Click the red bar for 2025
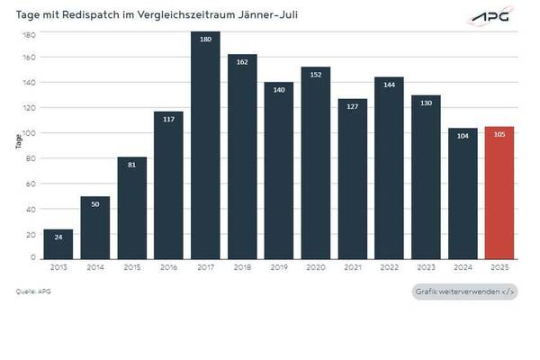click(499, 193)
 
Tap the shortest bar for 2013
click(58, 244)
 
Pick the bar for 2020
click(316, 163)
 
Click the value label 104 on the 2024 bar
click(463, 137)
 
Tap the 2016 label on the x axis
click(168, 268)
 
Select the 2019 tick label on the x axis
click(279, 268)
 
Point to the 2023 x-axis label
click(426, 268)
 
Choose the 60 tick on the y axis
click(31, 184)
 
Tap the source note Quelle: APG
click(31, 292)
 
